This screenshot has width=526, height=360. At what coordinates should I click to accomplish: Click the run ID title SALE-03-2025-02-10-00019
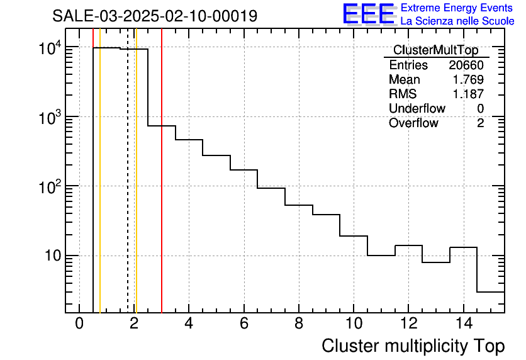click(155, 16)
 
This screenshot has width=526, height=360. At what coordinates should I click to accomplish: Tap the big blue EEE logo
click(369, 14)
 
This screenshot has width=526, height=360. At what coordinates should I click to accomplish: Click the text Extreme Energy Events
click(457, 8)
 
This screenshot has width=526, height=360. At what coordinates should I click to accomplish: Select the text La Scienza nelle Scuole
click(457, 21)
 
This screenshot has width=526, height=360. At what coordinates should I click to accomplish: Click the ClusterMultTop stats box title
click(435, 50)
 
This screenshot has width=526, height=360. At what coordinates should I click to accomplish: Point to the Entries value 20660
click(466, 65)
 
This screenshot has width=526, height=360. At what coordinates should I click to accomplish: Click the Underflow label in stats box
click(417, 109)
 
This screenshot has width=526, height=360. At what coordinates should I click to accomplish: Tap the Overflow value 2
click(480, 123)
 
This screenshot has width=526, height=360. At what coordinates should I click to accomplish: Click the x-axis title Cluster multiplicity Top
click(413, 346)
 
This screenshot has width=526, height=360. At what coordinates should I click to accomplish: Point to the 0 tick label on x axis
click(79, 323)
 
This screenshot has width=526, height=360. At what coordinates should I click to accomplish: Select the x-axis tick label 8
click(299, 323)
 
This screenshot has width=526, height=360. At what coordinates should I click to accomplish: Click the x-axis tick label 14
click(463, 323)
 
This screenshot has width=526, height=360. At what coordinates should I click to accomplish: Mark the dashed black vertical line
click(128, 189)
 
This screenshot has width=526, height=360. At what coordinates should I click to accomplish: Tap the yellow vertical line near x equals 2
click(136, 189)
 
